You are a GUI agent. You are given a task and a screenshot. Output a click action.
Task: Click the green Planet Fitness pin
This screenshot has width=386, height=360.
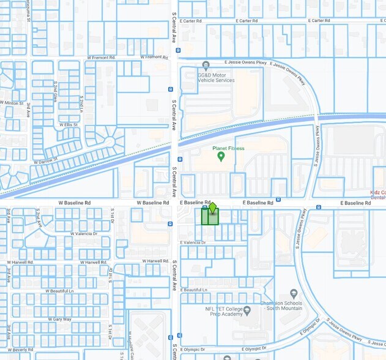pyautogui.click(x=221, y=157)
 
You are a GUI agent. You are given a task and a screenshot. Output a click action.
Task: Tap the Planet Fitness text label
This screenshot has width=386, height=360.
pyautogui.click(x=228, y=148)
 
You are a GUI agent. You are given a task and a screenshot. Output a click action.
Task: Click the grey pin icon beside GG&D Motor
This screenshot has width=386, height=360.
pyautogui.click(x=206, y=65)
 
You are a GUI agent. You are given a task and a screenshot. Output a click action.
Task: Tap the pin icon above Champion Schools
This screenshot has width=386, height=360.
pyautogui.click(x=294, y=294)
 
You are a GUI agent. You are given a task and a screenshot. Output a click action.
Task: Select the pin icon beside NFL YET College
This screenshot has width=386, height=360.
pyautogui.click(x=247, y=310)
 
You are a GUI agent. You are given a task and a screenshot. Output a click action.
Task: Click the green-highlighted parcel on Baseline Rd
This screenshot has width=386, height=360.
pyautogui.click(x=210, y=217)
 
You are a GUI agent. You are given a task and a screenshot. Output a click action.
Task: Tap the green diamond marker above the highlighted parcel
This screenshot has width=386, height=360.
pyautogui.click(x=212, y=208)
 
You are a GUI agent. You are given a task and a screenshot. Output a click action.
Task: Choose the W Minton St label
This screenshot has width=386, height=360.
pyautogui.click(x=12, y=102)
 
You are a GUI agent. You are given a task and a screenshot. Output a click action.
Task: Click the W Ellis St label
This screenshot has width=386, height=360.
pyautogui.click(x=68, y=124)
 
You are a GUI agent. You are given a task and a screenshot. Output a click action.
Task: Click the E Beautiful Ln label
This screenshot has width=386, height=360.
pyautogui.click(x=194, y=290)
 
